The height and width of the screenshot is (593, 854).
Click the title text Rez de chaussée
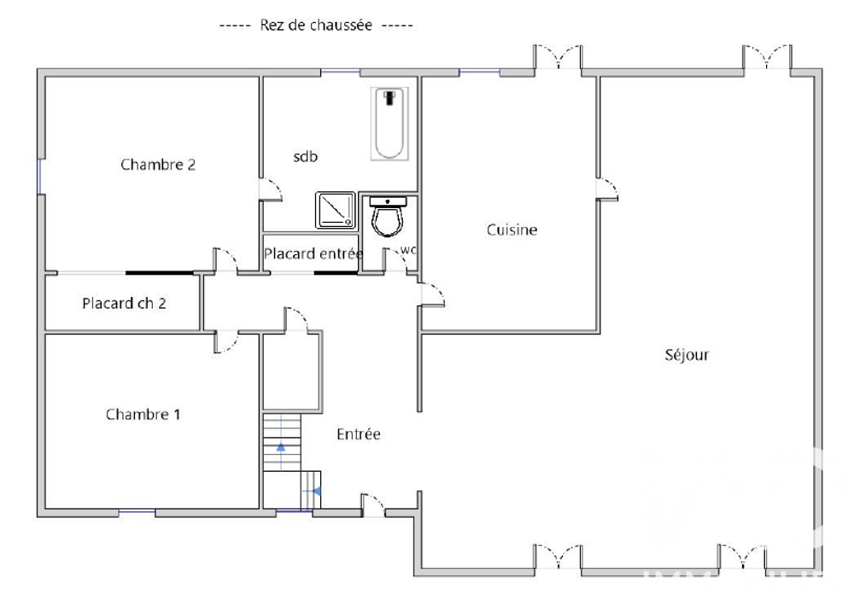click(315, 26)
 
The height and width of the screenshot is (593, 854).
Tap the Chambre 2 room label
click(158, 165)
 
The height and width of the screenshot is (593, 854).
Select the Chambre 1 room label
click(143, 415)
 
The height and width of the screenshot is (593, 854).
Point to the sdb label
click(306, 157)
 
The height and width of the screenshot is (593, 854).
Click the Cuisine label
click(512, 230)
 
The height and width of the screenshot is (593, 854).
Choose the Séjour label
click(687, 355)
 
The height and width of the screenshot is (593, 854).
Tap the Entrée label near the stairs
click(358, 434)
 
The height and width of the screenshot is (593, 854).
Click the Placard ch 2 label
click(124, 303)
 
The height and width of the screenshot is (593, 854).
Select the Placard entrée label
click(313, 253)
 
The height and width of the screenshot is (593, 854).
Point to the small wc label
click(408, 250)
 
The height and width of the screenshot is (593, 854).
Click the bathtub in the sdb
click(390, 124)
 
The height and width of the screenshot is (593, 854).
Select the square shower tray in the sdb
click(336, 209)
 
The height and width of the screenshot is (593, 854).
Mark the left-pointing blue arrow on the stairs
click(316, 491)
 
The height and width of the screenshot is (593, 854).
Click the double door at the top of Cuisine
click(559, 58)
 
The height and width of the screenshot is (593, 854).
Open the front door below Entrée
click(372, 505)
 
